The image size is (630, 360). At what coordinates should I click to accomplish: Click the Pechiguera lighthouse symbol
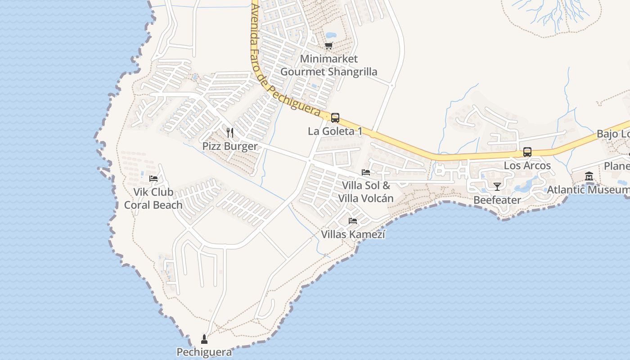click(x=204, y=339)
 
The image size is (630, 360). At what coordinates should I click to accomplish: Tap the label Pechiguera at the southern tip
click(x=204, y=352)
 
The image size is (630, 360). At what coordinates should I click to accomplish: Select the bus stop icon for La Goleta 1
click(x=335, y=118)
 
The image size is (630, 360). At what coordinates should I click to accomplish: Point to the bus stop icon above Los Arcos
click(x=527, y=152)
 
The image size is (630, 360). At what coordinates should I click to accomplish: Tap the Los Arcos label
click(x=527, y=165)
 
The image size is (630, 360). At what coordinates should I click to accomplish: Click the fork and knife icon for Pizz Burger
click(x=230, y=133)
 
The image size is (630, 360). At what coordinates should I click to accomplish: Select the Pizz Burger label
click(x=230, y=146)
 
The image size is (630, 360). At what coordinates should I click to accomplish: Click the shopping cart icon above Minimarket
click(x=329, y=45)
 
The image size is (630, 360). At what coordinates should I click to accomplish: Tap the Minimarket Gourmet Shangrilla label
click(x=329, y=65)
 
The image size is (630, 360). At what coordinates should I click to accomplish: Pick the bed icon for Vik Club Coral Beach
click(x=153, y=179)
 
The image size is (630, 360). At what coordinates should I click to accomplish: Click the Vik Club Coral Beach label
click(x=153, y=198)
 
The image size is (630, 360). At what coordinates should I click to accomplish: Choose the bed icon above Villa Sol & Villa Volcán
click(x=366, y=172)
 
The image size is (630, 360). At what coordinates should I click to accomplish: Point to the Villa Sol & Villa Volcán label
click(x=366, y=192)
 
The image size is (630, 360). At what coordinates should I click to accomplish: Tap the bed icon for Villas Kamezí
click(x=353, y=221)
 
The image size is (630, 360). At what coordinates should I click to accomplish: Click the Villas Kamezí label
click(x=353, y=234)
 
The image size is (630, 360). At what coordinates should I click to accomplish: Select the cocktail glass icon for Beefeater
click(x=497, y=187)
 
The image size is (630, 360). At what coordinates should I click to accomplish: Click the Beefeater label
click(x=497, y=200)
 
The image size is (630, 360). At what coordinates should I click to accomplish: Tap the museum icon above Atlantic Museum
click(x=589, y=176)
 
